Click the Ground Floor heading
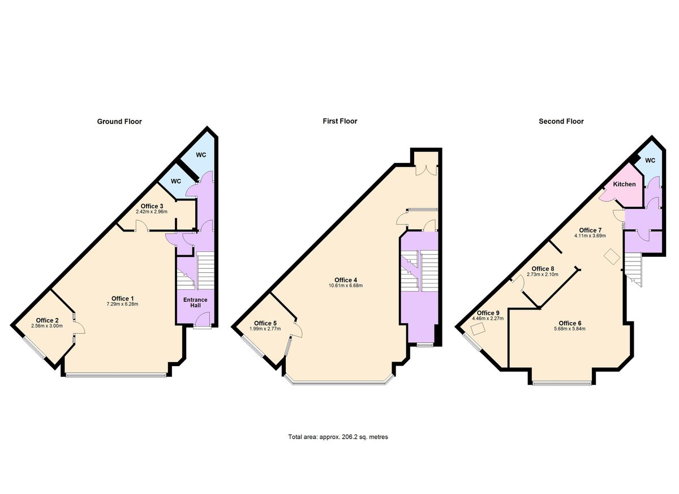tap(119, 122)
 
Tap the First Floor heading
tap(340, 121)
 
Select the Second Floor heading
tap(561, 122)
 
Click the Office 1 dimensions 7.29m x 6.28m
tap(122, 304)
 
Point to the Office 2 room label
tap(47, 320)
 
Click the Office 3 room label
tap(152, 207)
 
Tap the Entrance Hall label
tap(195, 303)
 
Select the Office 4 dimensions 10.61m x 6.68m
tap(346, 286)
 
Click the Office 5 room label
tap(265, 323)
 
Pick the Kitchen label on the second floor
tap(624, 184)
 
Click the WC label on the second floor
tap(650, 161)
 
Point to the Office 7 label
tap(590, 230)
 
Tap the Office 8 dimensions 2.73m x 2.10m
tap(543, 274)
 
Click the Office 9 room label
tap(488, 313)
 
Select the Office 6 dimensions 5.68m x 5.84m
tap(570, 329)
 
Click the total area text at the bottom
tap(338, 437)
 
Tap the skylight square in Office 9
tap(478, 329)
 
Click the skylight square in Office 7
tap(612, 257)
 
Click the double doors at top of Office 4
tap(426, 169)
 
